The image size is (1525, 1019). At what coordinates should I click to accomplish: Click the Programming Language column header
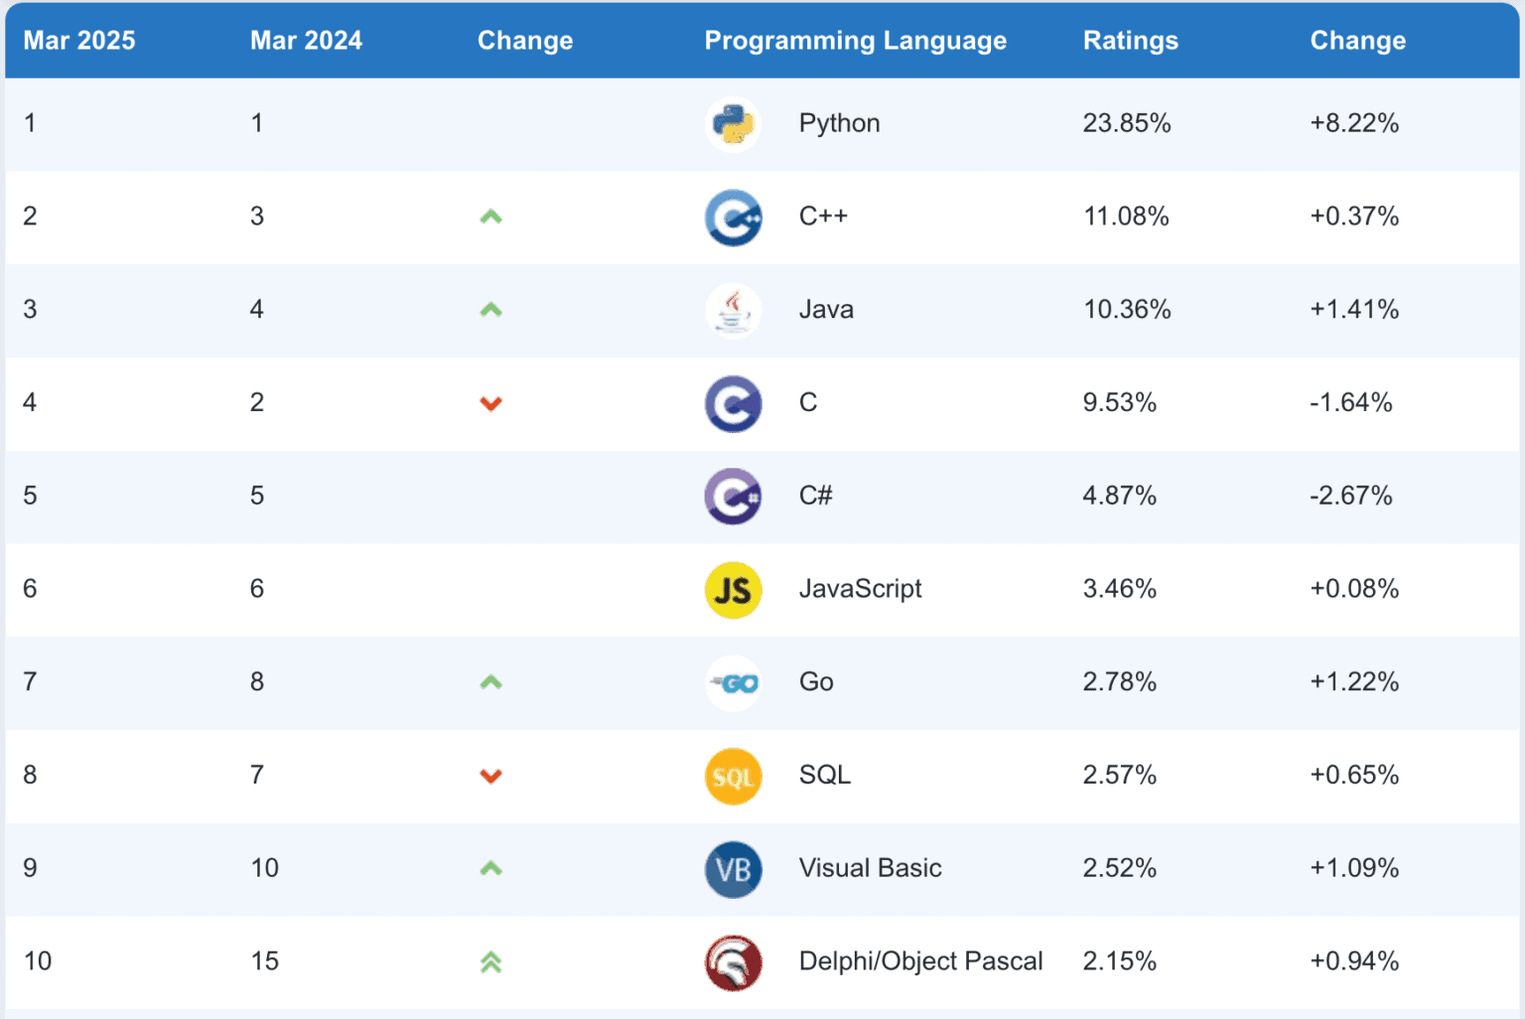coord(855,41)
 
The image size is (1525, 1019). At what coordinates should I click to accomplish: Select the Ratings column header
coord(1130,41)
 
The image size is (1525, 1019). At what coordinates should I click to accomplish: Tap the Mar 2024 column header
coord(306,41)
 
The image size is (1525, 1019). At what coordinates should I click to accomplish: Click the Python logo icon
coord(733,124)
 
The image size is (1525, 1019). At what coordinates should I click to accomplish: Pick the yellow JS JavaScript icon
coord(733,590)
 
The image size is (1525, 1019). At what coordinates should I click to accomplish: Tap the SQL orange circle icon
coord(733,776)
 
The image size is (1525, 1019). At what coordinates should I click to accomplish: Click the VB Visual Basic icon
coord(733,869)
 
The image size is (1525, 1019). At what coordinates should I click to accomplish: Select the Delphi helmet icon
coord(733,962)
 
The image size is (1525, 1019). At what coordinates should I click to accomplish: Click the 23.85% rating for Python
coord(1126,123)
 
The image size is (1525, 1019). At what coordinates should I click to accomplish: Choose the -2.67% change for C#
coord(1350,496)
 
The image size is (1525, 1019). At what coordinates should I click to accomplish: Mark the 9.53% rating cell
coord(1119,402)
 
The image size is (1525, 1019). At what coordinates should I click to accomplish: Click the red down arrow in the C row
coord(490,403)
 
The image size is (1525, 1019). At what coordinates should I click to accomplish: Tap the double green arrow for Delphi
coord(490,961)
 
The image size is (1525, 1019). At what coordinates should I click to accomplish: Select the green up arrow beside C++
coord(490,217)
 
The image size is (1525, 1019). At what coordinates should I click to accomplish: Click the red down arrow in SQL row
coord(490,776)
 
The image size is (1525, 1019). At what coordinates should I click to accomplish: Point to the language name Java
coord(826,310)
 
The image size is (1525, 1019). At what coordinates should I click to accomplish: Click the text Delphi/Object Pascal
coord(920,961)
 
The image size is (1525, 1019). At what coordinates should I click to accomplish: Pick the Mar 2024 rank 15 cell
coord(264,961)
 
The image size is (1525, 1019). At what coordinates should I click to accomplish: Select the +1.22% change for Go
coord(1353,682)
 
